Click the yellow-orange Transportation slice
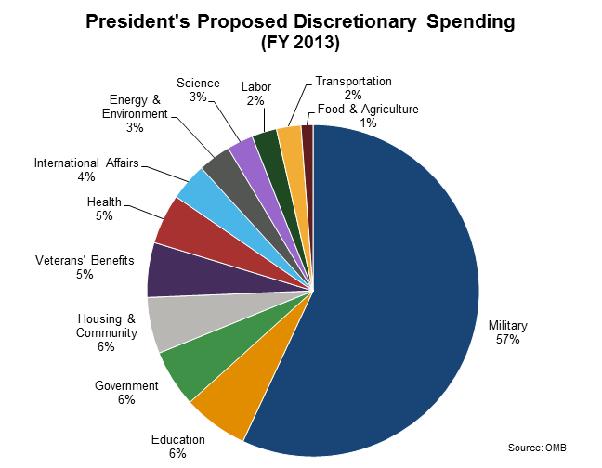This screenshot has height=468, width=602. click(290, 139)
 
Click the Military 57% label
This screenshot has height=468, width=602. click(507, 332)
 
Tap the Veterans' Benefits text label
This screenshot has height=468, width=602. click(85, 260)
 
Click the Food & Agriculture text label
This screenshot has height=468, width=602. click(368, 110)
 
